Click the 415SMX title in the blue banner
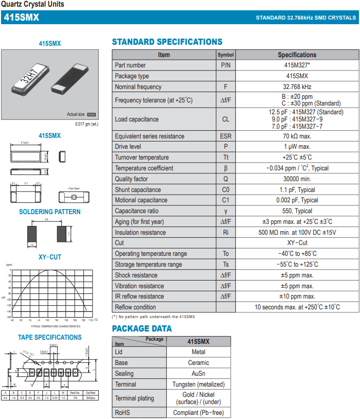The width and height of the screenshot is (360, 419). coord(22,18)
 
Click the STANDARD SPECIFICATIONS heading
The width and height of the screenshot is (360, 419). coord(167,42)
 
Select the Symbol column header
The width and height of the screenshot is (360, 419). coord(226,55)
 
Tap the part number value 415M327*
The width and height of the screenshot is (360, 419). coord(297,65)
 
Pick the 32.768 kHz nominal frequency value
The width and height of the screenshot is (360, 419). coord(297,87)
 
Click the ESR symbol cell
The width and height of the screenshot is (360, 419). coord(226,136)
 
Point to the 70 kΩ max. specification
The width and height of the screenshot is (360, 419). coord(297,136)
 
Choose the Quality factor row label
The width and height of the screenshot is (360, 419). coord(131,179)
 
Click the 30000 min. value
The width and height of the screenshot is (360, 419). coord(297,179)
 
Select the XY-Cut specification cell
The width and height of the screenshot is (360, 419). coord(297,243)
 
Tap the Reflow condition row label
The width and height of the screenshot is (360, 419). coord(135,307)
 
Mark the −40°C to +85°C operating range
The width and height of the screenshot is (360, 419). coord(297,254)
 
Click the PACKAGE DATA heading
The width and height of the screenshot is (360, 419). coord(142,328)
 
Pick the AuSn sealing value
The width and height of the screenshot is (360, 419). coord(198,374)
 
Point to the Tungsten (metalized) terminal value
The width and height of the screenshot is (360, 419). coord(198,385)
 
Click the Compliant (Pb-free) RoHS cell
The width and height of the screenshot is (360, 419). coord(198,413)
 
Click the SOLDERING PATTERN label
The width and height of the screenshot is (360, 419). coord(50,212)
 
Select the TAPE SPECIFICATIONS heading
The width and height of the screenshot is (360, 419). coord(50,338)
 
